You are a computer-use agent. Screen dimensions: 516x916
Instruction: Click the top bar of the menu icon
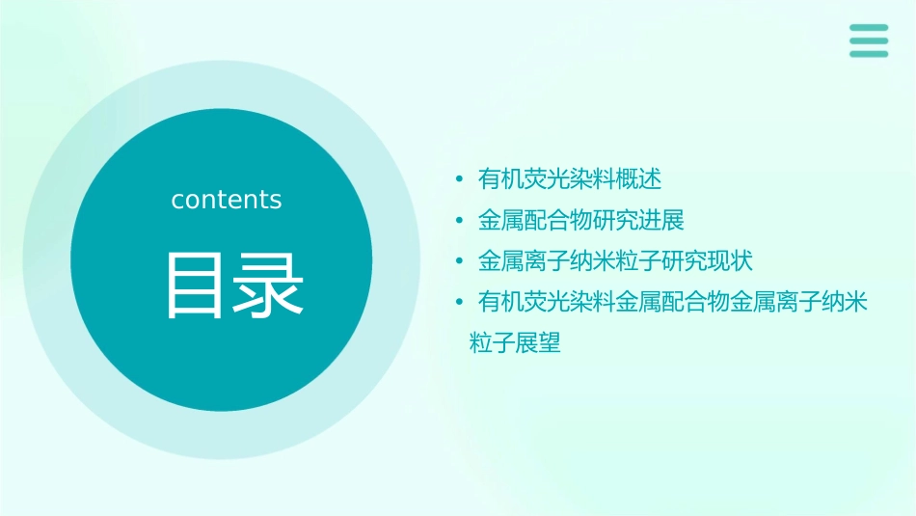(x=869, y=28)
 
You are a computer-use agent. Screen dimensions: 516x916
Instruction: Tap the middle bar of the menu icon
(x=869, y=41)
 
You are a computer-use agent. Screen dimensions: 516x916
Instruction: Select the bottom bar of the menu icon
(x=869, y=53)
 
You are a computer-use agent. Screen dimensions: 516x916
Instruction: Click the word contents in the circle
(x=227, y=200)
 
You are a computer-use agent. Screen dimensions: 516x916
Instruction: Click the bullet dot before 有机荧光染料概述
(x=461, y=179)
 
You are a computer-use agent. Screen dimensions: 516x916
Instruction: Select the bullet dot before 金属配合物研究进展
(x=461, y=221)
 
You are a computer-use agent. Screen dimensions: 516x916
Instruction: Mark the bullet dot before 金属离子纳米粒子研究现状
(x=461, y=262)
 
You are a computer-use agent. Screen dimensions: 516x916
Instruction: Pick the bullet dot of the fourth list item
(x=461, y=304)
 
